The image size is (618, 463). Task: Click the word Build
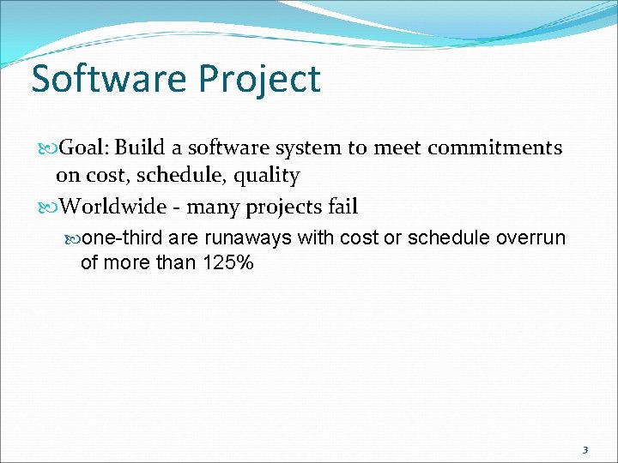(x=151, y=147)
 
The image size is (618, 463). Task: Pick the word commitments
(x=494, y=147)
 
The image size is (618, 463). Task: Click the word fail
(x=341, y=207)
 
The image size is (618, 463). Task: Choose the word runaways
(x=250, y=238)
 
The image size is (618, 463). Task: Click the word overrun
(x=530, y=238)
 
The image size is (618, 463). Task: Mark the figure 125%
(x=227, y=262)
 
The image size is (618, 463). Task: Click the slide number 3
(x=585, y=449)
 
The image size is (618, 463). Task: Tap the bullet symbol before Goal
(x=48, y=148)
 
